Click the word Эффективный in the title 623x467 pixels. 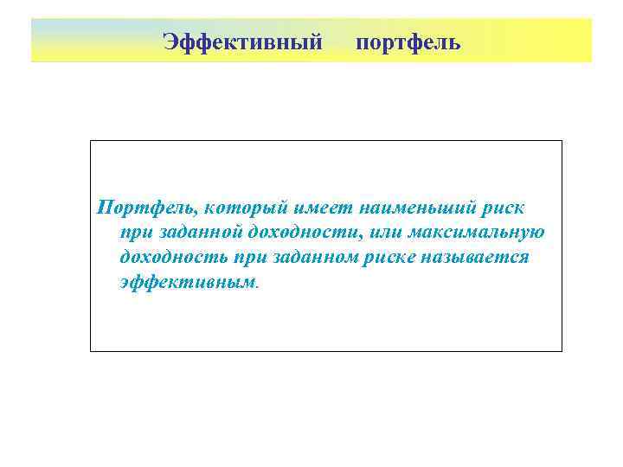pos(242,42)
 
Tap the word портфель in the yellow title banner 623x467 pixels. pos(408,42)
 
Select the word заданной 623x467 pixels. pos(200,233)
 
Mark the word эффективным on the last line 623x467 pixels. pos(188,283)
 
